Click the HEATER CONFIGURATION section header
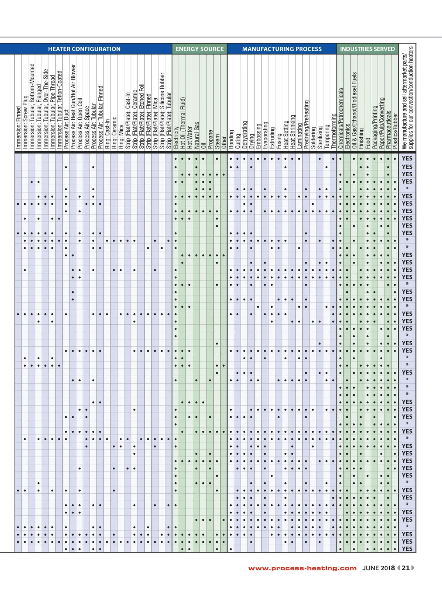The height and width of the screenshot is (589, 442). point(84,49)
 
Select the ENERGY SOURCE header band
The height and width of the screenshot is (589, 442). point(199,49)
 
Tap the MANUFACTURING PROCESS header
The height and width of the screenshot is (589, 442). point(282,49)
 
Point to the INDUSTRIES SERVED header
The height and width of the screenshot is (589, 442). point(367,49)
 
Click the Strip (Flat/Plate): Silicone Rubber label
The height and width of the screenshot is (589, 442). point(162,110)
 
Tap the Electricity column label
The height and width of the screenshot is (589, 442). point(176,137)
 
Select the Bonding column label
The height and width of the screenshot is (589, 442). point(231,139)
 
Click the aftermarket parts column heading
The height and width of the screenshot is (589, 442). point(408,97)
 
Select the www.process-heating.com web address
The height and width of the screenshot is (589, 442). point(302,568)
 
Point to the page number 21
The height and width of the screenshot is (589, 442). point(406,568)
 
